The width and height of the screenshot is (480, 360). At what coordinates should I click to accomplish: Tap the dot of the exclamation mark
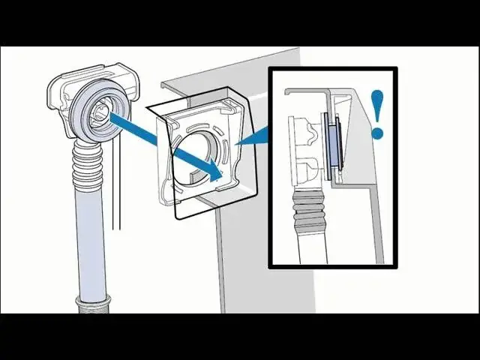[377, 133]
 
